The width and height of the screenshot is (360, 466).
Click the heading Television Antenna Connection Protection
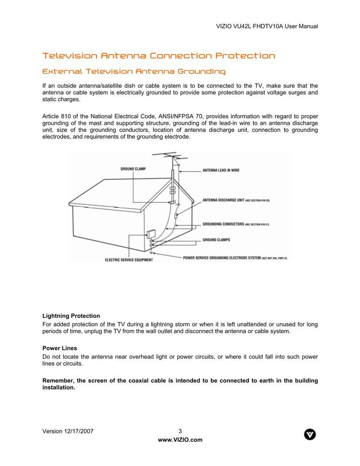[158, 56]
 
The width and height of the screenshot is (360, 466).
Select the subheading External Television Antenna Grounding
[134, 72]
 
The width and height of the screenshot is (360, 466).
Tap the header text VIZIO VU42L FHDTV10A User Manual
[267, 27]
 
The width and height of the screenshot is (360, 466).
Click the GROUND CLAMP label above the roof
[133, 169]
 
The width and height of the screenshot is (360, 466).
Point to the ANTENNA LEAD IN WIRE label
[221, 170]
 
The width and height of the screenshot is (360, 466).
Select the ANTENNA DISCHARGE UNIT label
[224, 200]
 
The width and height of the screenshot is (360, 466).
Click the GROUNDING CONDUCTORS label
[223, 224]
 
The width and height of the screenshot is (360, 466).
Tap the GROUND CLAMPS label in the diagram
[216, 240]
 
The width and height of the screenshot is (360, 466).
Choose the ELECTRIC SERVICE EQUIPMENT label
[129, 260]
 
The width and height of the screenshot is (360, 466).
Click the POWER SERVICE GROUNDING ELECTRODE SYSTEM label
[222, 258]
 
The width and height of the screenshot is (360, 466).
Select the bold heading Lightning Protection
[71, 316]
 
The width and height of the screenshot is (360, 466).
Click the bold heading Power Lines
[59, 348]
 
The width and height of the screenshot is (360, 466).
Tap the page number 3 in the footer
[180, 431]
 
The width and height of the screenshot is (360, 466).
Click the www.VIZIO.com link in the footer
[180, 440]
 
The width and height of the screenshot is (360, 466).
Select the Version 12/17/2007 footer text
[68, 431]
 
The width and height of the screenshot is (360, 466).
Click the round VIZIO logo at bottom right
[310, 434]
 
